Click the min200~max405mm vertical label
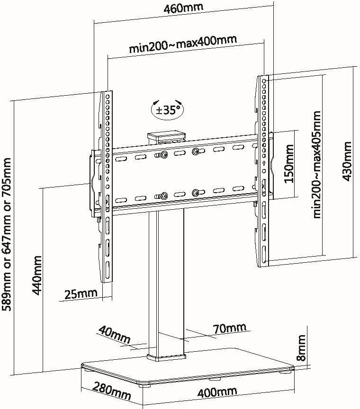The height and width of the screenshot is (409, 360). (317, 164)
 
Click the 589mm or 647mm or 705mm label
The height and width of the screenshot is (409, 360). (8, 235)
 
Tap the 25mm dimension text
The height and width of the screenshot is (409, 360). (81, 294)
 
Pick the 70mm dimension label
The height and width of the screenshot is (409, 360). (229, 328)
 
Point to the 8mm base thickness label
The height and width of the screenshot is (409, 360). (301, 347)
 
